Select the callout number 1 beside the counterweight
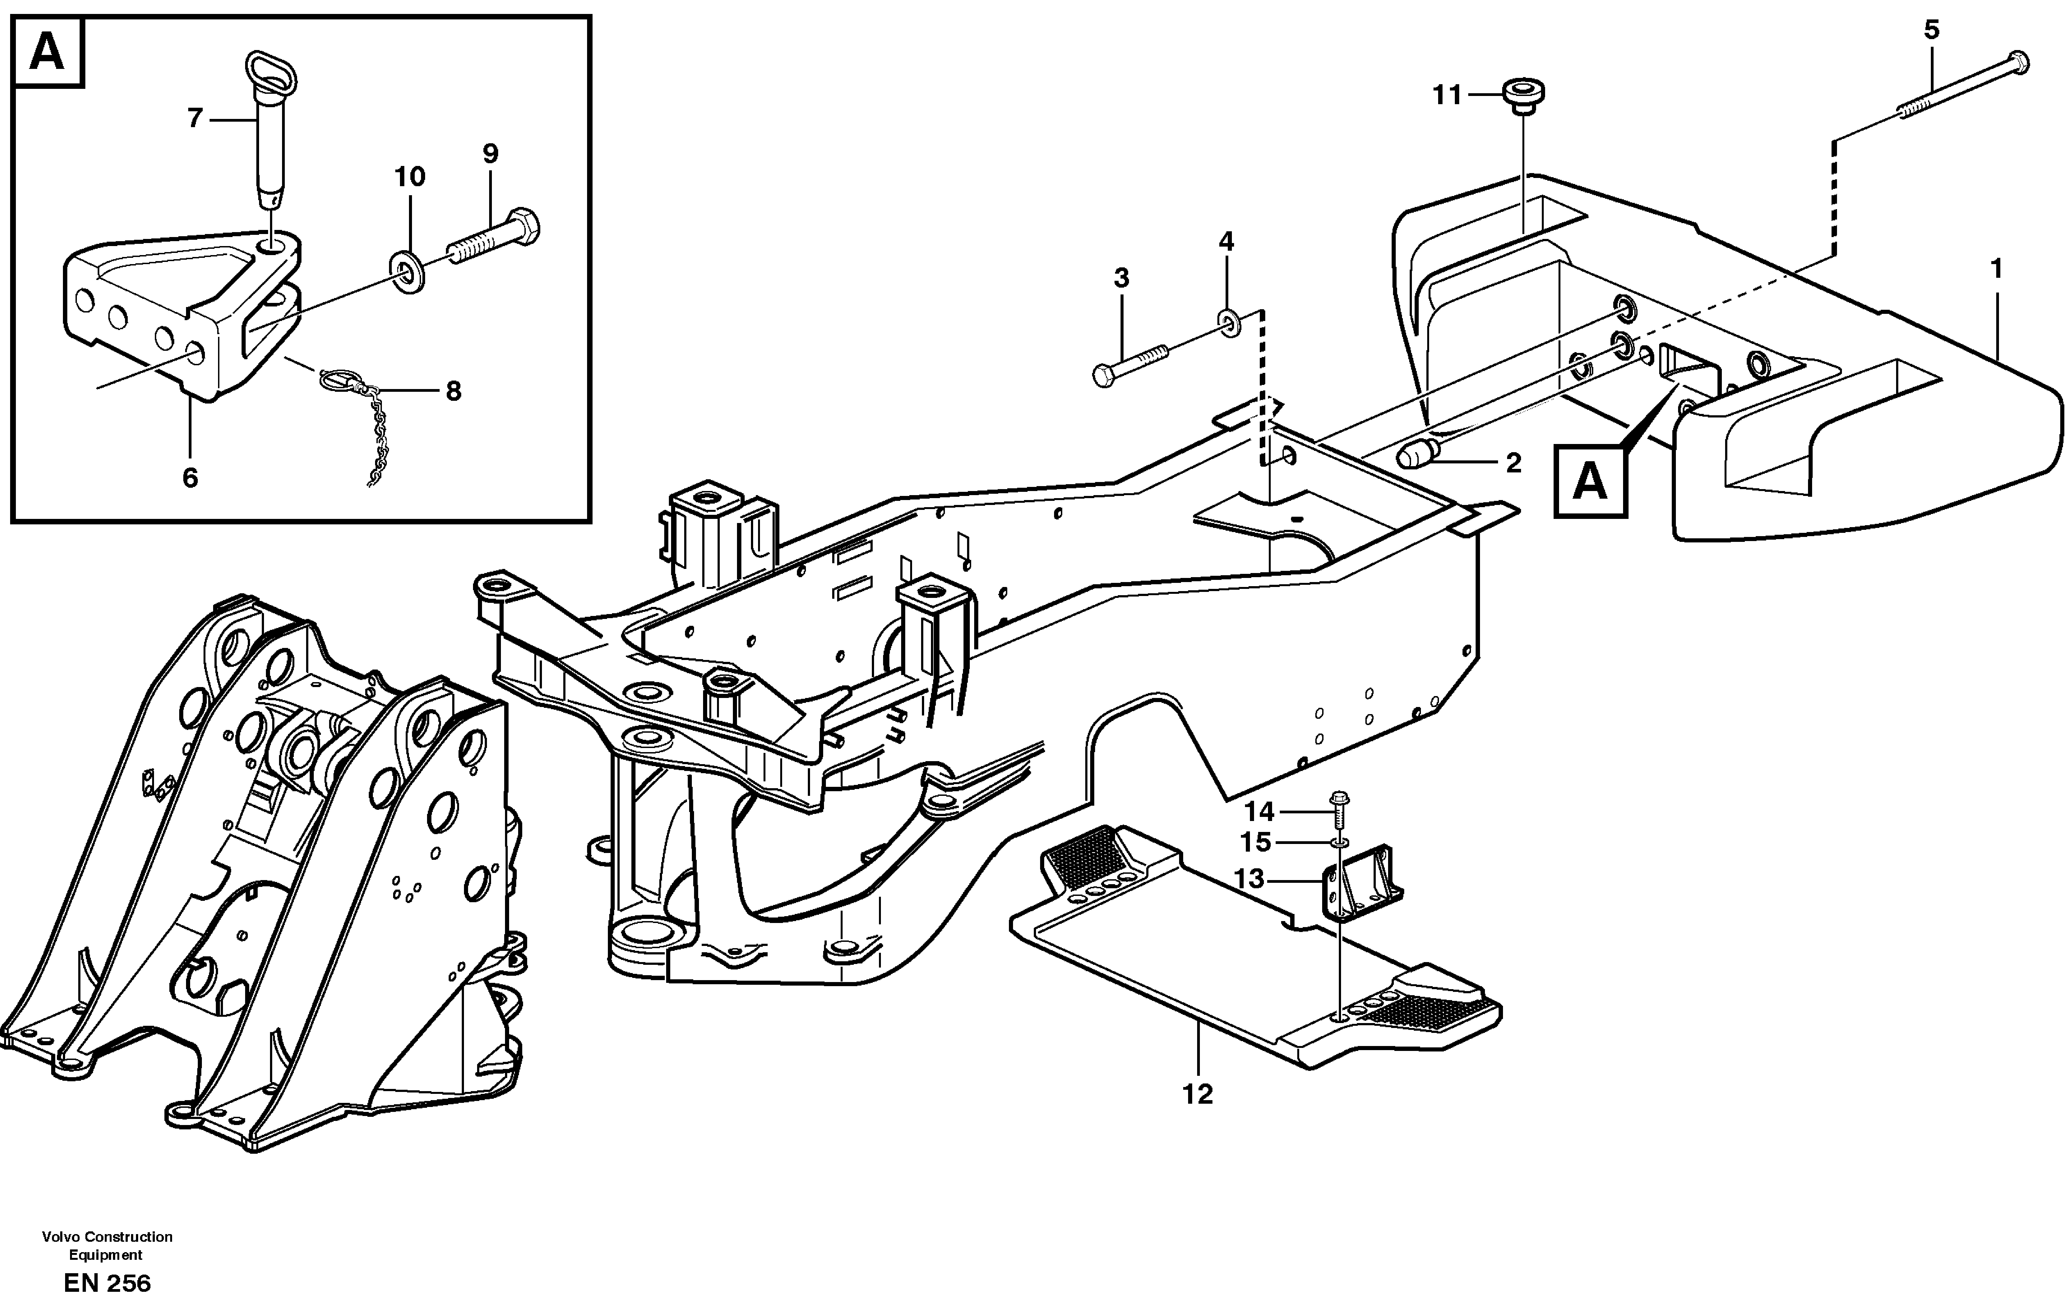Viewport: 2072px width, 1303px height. click(x=1996, y=269)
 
